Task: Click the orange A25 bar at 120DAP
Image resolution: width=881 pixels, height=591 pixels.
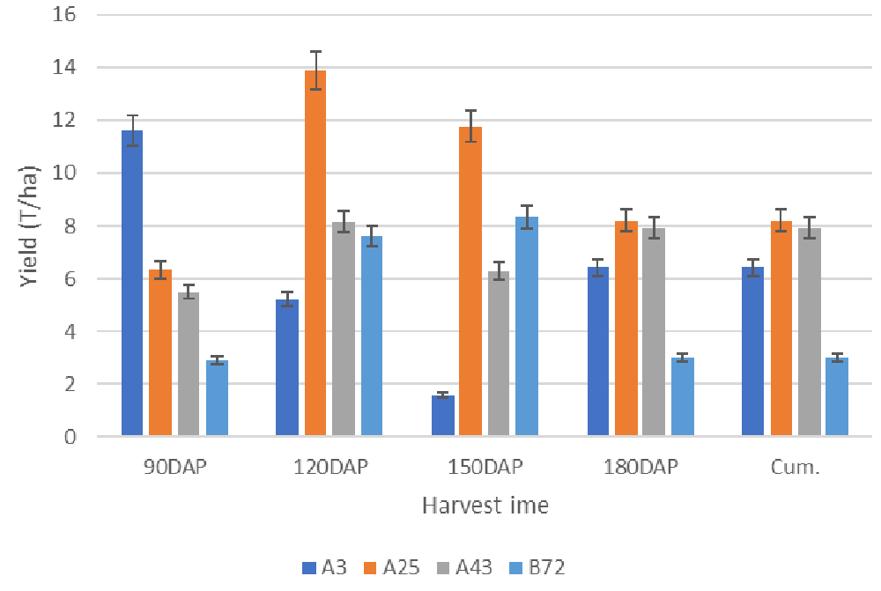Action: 315,255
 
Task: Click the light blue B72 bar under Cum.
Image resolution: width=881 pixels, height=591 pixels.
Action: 837,397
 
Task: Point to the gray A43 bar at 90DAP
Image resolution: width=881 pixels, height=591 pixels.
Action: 189,365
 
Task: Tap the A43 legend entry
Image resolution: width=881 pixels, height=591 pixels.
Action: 477,568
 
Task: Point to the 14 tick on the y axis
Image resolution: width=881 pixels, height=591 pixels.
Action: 65,68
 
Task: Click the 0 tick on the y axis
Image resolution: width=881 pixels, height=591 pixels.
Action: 70,437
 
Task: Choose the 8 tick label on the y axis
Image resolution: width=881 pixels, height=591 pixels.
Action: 70,226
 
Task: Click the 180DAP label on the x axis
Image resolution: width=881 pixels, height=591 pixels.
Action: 640,468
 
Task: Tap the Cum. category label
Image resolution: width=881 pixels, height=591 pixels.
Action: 795,468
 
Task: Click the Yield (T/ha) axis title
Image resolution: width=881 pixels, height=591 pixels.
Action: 28,226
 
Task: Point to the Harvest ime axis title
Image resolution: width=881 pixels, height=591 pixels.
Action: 485,506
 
